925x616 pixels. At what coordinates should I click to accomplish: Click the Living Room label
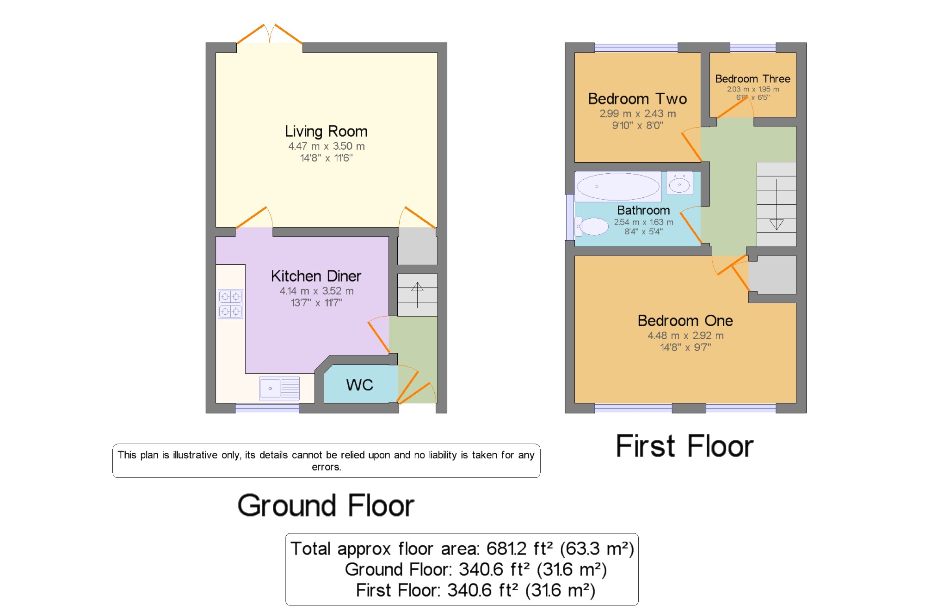[x=326, y=132]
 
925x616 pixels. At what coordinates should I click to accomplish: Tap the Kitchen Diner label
[x=316, y=276]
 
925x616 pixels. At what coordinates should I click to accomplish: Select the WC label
[x=359, y=385]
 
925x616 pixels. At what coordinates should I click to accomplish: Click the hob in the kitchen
[x=230, y=304]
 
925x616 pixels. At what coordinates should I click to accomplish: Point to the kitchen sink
[x=279, y=388]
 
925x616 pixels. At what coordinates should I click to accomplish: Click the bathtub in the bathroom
[x=618, y=187]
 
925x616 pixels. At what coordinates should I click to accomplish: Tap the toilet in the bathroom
[x=592, y=226]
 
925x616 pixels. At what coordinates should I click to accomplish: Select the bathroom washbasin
[x=679, y=183]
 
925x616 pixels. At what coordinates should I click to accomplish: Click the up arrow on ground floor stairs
[x=417, y=295]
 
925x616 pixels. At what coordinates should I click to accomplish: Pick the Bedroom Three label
[x=752, y=79]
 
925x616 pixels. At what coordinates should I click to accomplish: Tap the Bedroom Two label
[x=637, y=99]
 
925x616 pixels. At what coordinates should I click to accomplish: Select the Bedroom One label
[x=685, y=321]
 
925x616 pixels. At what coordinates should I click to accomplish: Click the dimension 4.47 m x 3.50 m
[x=326, y=146]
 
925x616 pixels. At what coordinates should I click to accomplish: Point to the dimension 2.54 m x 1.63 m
[x=643, y=222]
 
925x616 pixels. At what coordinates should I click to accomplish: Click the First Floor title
[x=684, y=446]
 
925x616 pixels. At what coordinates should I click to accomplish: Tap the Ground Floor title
[x=326, y=506]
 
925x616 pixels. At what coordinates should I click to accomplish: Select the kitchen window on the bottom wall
[x=267, y=408]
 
